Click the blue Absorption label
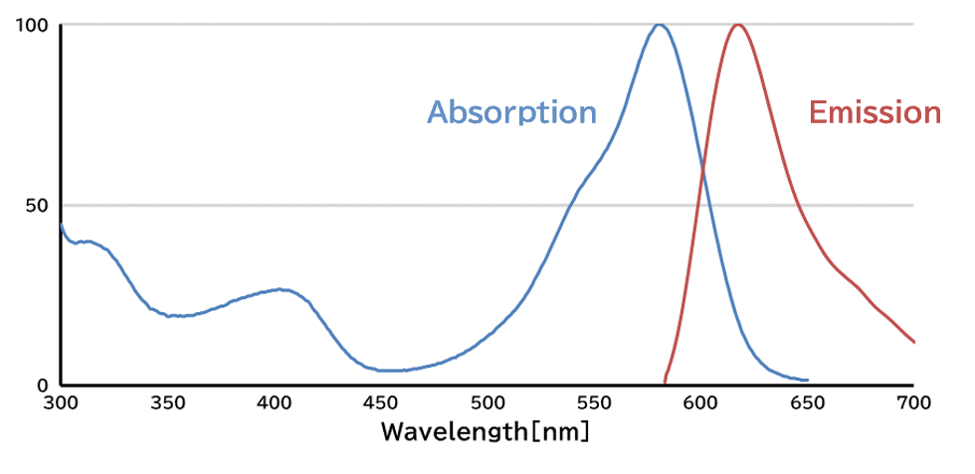point(511,112)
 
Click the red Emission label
point(875,112)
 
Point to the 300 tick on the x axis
point(61,403)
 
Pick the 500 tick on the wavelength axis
point(487,403)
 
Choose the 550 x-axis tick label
point(594,403)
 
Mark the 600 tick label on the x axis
point(700,403)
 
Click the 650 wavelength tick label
point(807,403)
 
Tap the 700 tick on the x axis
point(913,403)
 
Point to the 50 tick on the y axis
point(38,206)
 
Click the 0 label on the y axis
point(44,386)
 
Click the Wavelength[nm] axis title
point(486,433)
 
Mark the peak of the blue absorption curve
point(659,24)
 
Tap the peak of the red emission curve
point(736,24)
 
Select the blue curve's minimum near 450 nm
point(392,371)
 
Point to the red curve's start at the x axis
point(665,383)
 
